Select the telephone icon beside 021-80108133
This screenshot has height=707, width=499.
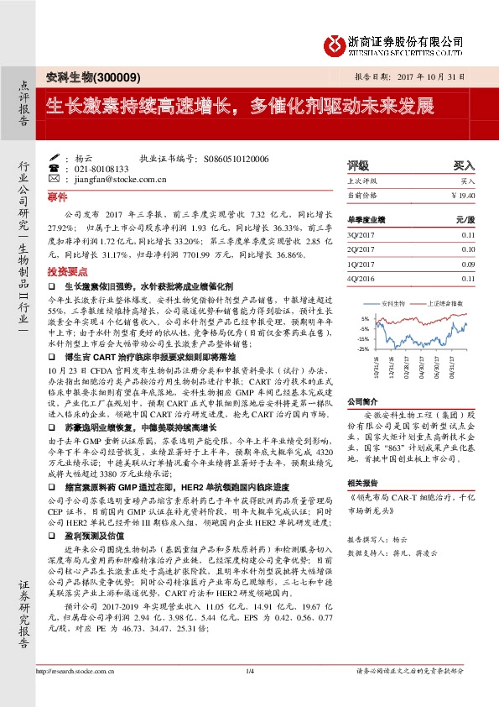55,168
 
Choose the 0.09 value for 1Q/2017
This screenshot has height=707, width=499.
467,264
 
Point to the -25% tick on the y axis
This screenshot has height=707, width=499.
362,348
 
